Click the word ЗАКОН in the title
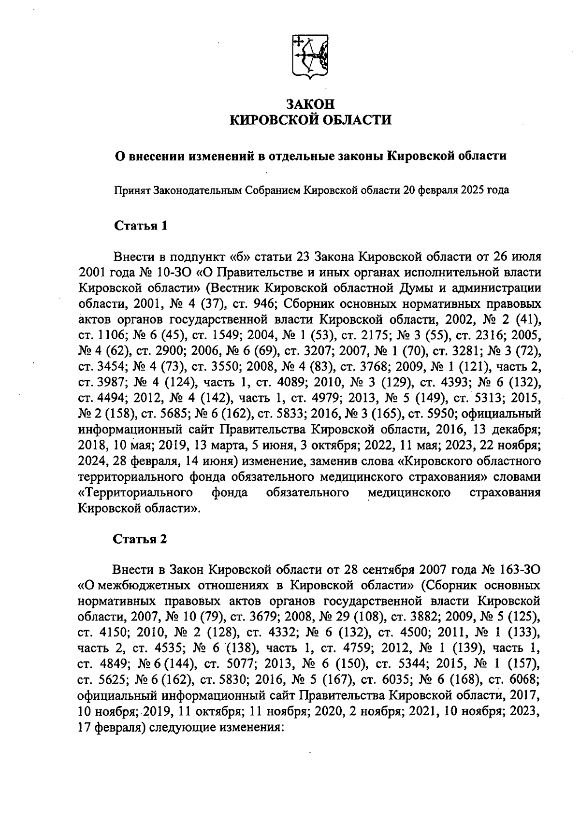[x=310, y=104]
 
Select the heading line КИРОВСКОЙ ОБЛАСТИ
[x=310, y=119]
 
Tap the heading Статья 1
[x=141, y=226]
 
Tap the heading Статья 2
[x=141, y=539]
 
